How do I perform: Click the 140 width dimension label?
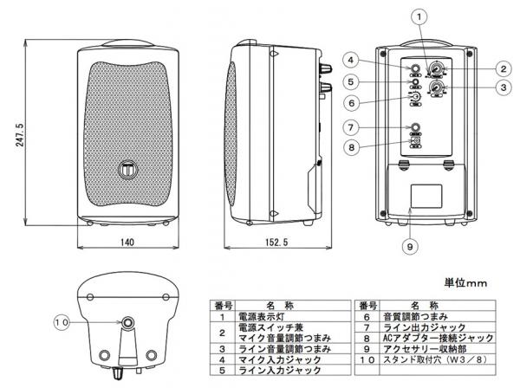coord(127,243)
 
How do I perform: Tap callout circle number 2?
coord(501,68)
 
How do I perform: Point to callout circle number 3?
coord(501,87)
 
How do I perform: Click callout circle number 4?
coord(350,60)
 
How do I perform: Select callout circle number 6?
coord(350,102)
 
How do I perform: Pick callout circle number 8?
coord(350,147)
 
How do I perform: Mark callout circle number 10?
coord(60,321)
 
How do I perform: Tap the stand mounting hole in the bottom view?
coord(127,325)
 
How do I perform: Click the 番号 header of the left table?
coord(222,306)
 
